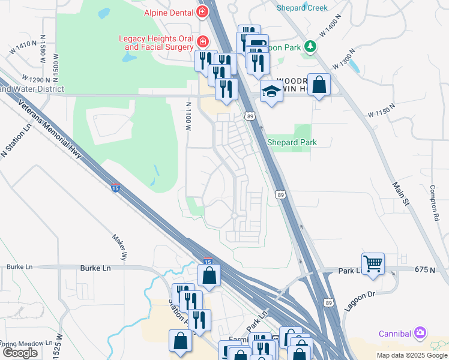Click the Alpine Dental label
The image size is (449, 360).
point(167,13)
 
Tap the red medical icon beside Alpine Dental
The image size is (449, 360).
point(202,12)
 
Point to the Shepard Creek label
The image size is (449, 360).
point(302,8)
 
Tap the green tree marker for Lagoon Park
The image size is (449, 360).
point(310,46)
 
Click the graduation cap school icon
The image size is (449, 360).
point(271,91)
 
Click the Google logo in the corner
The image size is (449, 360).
point(20,353)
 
